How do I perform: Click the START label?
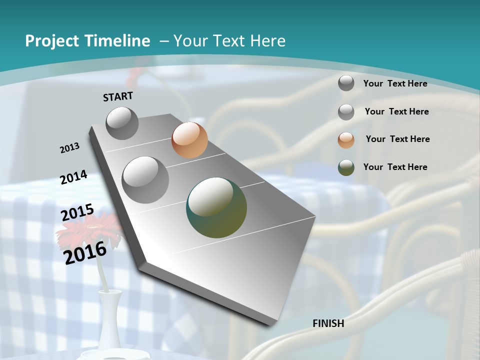point(118,96)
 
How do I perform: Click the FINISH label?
point(328,323)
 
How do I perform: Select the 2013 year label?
point(70,148)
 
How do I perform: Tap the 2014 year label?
point(74,177)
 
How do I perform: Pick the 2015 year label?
point(77,213)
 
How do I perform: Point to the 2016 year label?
point(85,253)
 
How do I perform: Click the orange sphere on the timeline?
point(189,140)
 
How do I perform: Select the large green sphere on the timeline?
point(216,207)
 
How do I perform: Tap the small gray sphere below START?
point(122,123)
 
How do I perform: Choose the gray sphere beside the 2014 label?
point(145,180)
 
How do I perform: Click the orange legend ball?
point(346,140)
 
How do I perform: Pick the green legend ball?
point(346,167)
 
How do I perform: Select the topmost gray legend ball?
point(346,83)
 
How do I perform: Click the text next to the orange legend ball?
point(397,139)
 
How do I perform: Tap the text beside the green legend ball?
point(395,167)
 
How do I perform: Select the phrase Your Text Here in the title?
point(229,41)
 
